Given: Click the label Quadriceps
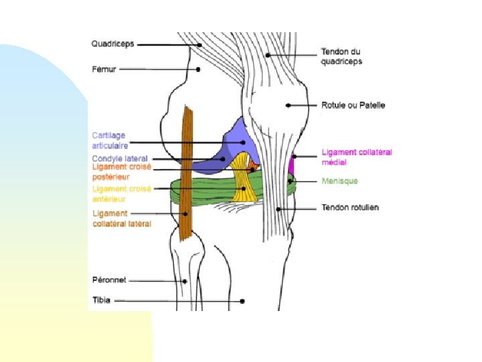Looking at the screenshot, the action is click(x=113, y=44).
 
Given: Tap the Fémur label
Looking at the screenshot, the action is click(x=104, y=69).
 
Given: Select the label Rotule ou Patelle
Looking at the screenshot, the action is click(x=353, y=105).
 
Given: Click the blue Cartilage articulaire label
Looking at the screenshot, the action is click(x=110, y=140).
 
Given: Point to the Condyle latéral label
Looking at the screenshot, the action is click(x=120, y=159).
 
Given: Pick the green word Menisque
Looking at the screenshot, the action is click(x=339, y=181).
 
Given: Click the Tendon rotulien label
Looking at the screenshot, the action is click(x=350, y=207).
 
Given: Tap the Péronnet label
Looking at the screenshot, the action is click(x=109, y=280).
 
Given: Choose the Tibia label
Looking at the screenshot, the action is click(x=102, y=300).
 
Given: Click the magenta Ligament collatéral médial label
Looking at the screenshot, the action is click(x=357, y=158).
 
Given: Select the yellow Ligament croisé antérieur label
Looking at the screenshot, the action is click(x=122, y=194).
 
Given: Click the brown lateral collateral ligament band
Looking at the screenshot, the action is click(x=186, y=172).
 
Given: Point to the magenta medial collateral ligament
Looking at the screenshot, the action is click(x=291, y=166).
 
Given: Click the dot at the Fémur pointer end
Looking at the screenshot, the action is click(x=198, y=70).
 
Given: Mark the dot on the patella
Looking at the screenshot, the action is click(x=288, y=105).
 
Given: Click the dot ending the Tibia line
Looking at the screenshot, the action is click(x=242, y=301).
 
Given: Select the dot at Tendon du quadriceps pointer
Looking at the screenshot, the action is click(x=268, y=55).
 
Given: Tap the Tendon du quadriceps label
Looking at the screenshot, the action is click(x=341, y=56).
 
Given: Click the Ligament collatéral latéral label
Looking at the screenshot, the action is click(x=122, y=219).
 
